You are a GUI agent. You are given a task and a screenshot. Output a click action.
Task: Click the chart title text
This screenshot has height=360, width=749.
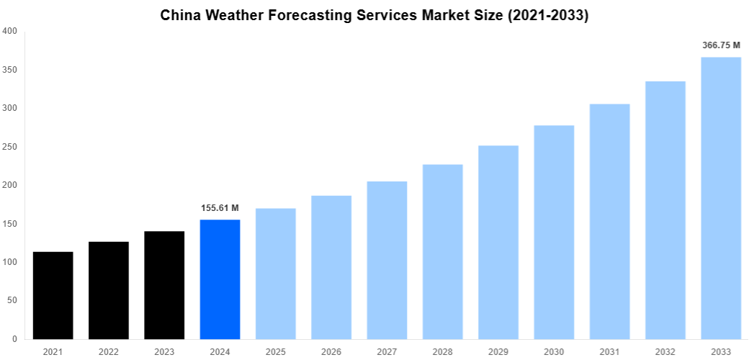[x=374, y=16]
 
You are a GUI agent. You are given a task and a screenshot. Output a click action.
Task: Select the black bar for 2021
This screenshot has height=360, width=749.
[x=53, y=295]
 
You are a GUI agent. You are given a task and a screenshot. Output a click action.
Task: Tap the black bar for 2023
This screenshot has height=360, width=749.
[x=164, y=285]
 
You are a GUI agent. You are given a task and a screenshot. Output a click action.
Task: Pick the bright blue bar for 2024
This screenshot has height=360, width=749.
[x=220, y=279]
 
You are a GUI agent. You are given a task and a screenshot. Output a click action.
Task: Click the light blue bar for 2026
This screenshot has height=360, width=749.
[x=331, y=267]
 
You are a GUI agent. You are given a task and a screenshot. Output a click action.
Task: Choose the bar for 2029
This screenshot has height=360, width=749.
[x=498, y=242]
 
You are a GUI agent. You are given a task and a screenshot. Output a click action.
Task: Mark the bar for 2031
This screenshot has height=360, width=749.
[x=609, y=222]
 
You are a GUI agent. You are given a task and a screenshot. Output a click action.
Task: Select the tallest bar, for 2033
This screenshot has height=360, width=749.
[x=721, y=198]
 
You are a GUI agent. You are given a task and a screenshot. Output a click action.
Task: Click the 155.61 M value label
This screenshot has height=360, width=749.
[x=220, y=208]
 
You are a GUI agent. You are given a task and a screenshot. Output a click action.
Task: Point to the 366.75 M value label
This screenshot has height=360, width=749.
[x=721, y=45]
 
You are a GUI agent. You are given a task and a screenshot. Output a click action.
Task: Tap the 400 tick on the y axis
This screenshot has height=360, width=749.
[x=10, y=31]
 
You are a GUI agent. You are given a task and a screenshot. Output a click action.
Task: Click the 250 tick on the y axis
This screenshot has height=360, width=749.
[x=10, y=147]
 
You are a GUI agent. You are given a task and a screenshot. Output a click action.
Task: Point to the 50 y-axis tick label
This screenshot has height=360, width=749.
[x=12, y=300]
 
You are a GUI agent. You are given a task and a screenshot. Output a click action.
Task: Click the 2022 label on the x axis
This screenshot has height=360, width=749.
[x=109, y=352]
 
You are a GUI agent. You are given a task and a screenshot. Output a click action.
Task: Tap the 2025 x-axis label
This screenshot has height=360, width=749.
[x=276, y=352]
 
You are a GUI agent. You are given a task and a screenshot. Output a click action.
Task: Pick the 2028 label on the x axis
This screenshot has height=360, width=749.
[x=442, y=352]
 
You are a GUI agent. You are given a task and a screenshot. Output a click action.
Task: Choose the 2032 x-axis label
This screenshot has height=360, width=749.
[x=665, y=352]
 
